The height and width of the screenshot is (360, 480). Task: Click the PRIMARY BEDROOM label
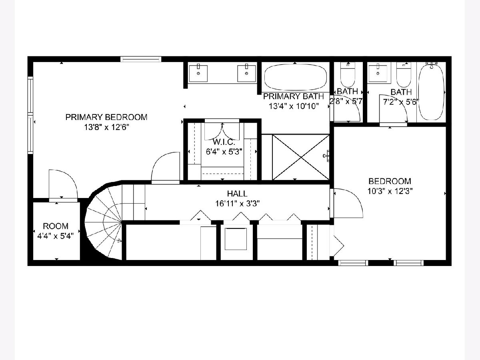coord(106,117)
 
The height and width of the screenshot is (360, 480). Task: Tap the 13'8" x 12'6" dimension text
coord(106,127)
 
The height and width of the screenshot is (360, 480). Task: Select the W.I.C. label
coord(224,142)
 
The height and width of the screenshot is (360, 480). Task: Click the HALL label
coord(237,194)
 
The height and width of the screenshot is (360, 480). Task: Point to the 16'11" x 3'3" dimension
coord(238,204)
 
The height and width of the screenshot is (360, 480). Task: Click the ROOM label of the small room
coord(56,226)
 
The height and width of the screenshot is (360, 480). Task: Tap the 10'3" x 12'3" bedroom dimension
coord(390,191)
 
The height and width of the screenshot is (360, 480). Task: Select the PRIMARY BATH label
coord(293,96)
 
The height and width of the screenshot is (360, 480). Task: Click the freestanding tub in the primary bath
coord(296,77)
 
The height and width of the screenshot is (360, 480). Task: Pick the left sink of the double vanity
coord(198,73)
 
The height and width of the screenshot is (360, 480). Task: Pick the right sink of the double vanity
coord(246,73)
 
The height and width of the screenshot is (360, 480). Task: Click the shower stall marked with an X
coord(301,157)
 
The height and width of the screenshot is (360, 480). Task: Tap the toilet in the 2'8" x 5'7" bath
coord(348,75)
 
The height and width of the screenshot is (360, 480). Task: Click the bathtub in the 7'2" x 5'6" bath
coord(431,91)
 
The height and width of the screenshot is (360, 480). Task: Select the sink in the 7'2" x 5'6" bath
coord(378,74)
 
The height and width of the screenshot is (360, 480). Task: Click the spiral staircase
coord(103,222)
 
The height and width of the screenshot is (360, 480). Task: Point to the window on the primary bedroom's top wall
coord(141,59)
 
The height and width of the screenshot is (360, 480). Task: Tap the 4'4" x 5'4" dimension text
coord(56,236)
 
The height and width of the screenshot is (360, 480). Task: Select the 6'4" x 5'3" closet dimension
coord(224,152)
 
